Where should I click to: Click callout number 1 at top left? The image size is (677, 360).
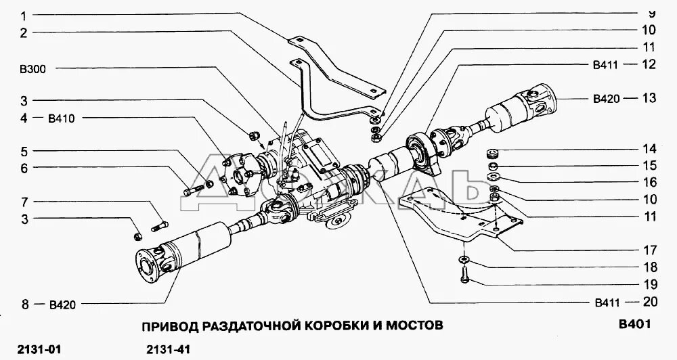[24, 15]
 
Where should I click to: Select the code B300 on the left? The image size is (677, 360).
[32, 69]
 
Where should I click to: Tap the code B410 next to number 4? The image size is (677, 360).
[61, 118]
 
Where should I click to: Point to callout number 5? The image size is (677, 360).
[24, 151]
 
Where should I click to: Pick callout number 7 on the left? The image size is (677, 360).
[24, 202]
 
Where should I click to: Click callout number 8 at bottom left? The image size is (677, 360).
[24, 305]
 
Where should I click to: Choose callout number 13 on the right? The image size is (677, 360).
[649, 98]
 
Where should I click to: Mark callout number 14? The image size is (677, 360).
[649, 149]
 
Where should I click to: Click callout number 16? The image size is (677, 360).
[649, 182]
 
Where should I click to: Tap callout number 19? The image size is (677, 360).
[649, 284]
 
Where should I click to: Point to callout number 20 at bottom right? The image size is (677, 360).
[649, 302]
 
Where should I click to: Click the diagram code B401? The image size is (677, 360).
[634, 324]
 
